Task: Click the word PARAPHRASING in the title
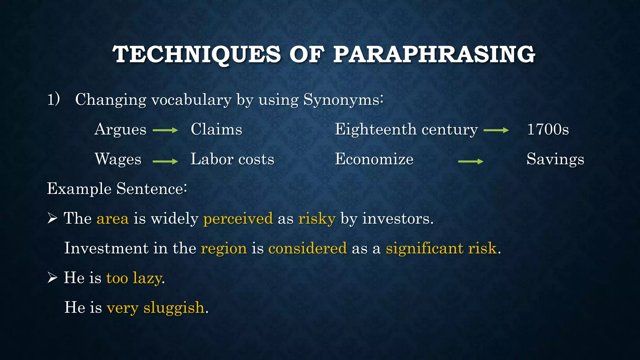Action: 434,54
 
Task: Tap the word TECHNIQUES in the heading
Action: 197,54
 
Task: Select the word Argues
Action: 120,129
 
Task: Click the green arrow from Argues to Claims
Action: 165,130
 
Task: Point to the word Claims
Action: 216,129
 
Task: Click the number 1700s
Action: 548,129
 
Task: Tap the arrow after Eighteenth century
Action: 496,130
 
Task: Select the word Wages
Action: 118,159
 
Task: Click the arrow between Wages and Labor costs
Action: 165,161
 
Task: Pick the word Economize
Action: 374,159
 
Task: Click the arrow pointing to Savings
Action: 471,161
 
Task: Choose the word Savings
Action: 555,159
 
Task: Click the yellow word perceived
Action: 238,218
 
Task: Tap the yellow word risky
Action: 317,218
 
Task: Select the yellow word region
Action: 224,248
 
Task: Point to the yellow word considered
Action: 307,248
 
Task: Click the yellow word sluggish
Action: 174,308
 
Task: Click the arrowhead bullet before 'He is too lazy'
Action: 52,277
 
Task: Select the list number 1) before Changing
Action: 53,100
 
